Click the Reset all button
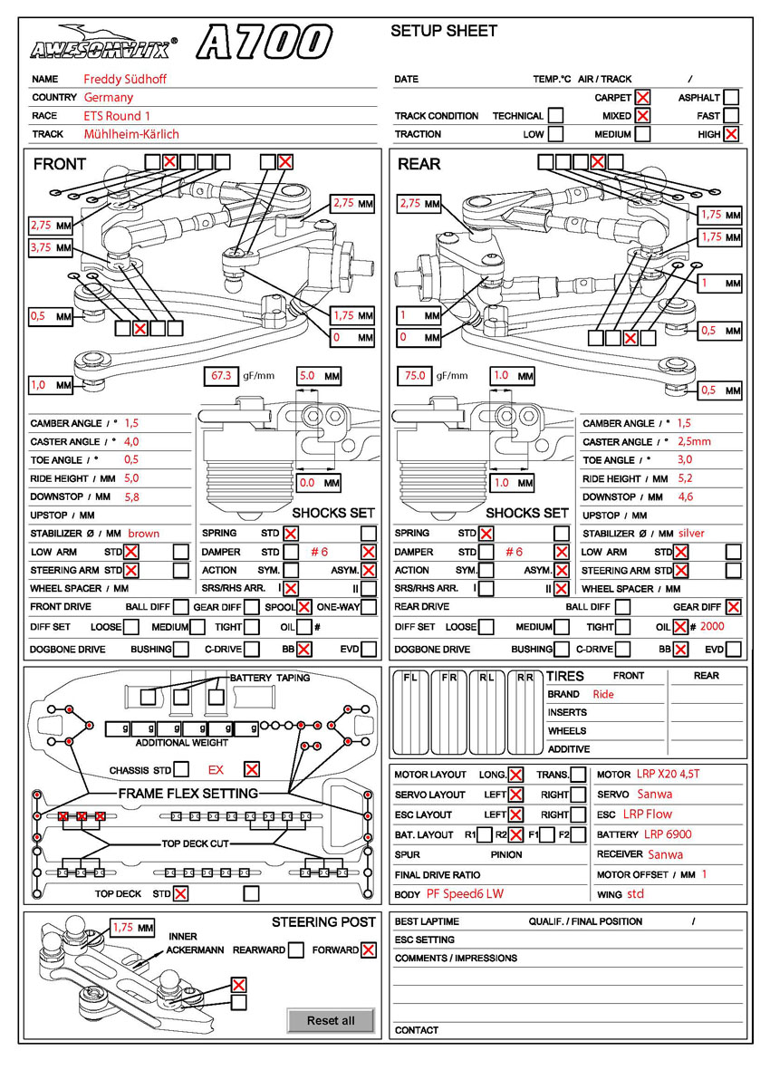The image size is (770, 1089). click(x=330, y=1020)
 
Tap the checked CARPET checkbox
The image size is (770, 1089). click(x=642, y=97)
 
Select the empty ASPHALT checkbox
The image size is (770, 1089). click(x=731, y=97)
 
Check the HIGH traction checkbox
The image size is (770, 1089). click(x=731, y=134)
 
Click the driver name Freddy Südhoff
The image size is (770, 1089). click(x=125, y=79)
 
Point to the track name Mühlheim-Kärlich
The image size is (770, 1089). click(x=131, y=134)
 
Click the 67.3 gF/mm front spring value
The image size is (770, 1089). click(x=221, y=375)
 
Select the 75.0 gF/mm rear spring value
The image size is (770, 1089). click(x=413, y=375)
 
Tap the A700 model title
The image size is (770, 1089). click(x=264, y=43)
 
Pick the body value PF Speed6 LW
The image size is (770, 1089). click(x=465, y=894)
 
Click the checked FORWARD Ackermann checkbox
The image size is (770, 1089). click(x=368, y=950)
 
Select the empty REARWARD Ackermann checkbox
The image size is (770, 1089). click(x=295, y=950)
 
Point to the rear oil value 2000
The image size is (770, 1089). click(x=713, y=626)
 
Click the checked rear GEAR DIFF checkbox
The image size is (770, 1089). click(x=733, y=607)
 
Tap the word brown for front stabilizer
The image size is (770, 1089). click(x=143, y=534)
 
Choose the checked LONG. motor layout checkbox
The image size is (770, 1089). click(x=515, y=775)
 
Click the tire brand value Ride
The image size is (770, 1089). click(x=603, y=694)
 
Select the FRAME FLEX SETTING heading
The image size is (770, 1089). click(x=188, y=794)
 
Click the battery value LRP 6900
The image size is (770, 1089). click(x=669, y=834)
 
